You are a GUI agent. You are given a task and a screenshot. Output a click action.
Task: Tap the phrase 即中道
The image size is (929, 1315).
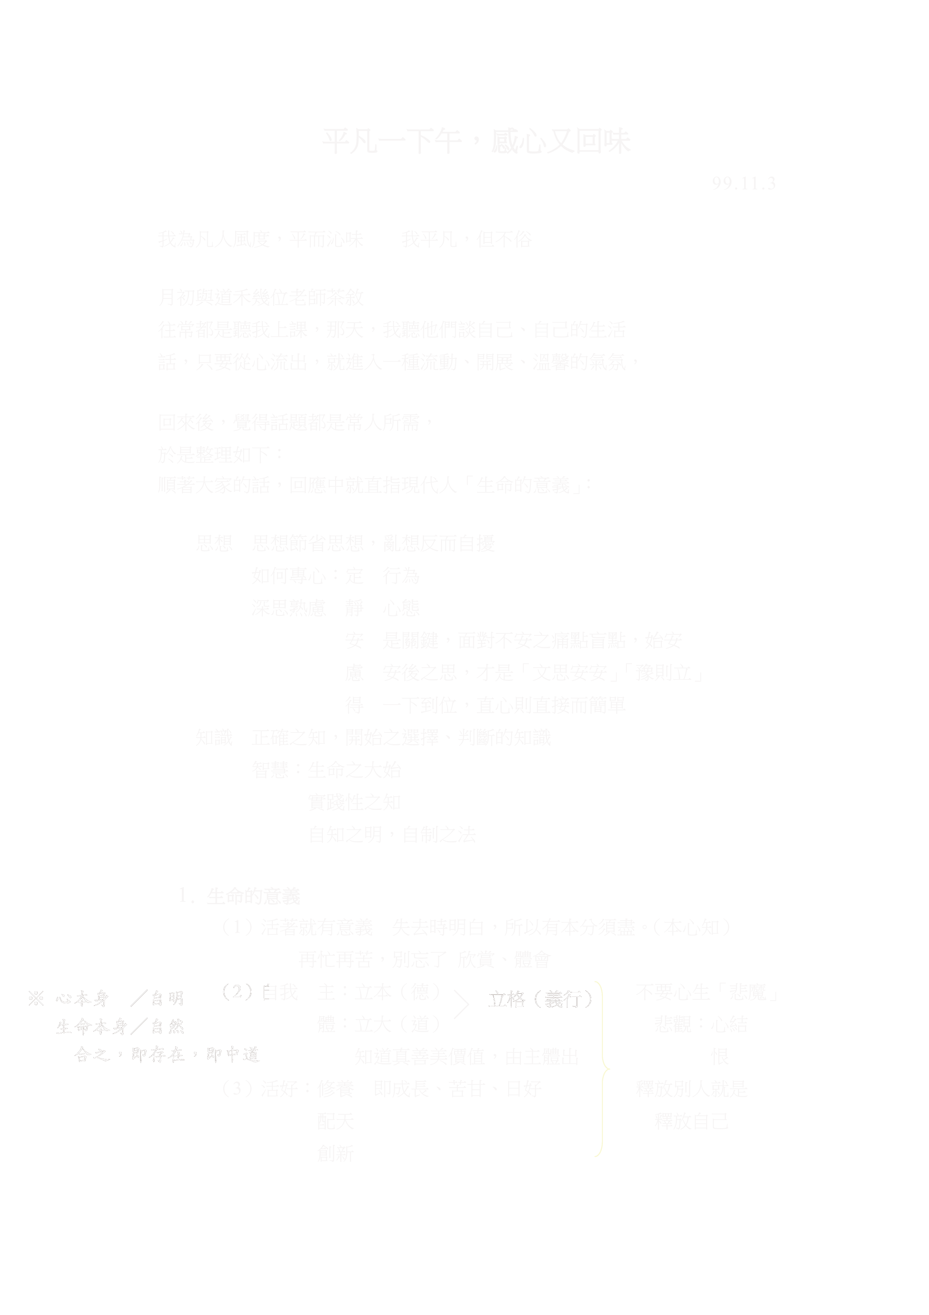[x=233, y=1054]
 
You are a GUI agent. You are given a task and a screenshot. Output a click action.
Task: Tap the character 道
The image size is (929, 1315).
[x=250, y=1054]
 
